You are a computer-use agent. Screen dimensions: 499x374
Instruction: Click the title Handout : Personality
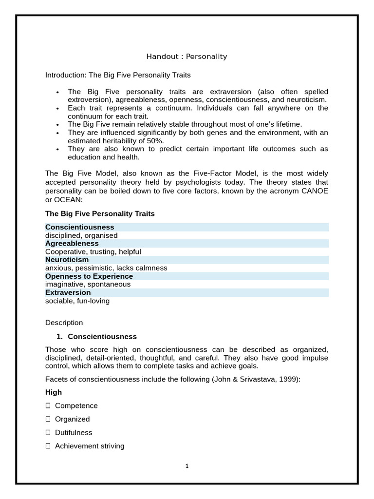(x=187, y=57)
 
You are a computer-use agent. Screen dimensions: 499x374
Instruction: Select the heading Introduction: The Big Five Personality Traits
(x=118, y=75)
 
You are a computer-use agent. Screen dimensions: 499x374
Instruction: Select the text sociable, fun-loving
(x=77, y=301)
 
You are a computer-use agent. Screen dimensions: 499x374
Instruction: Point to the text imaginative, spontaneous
(x=88, y=284)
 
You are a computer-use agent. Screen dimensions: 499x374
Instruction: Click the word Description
(x=64, y=323)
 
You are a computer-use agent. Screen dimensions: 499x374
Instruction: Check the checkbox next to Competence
(x=48, y=405)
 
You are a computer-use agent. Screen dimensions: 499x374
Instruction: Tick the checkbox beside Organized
(x=48, y=419)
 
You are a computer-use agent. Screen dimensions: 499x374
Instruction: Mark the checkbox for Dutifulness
(x=48, y=433)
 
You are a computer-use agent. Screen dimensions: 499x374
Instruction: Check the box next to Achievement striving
(x=48, y=446)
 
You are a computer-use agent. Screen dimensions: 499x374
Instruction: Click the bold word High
(x=54, y=392)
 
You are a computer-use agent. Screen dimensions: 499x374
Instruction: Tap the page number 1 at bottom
(x=187, y=466)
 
